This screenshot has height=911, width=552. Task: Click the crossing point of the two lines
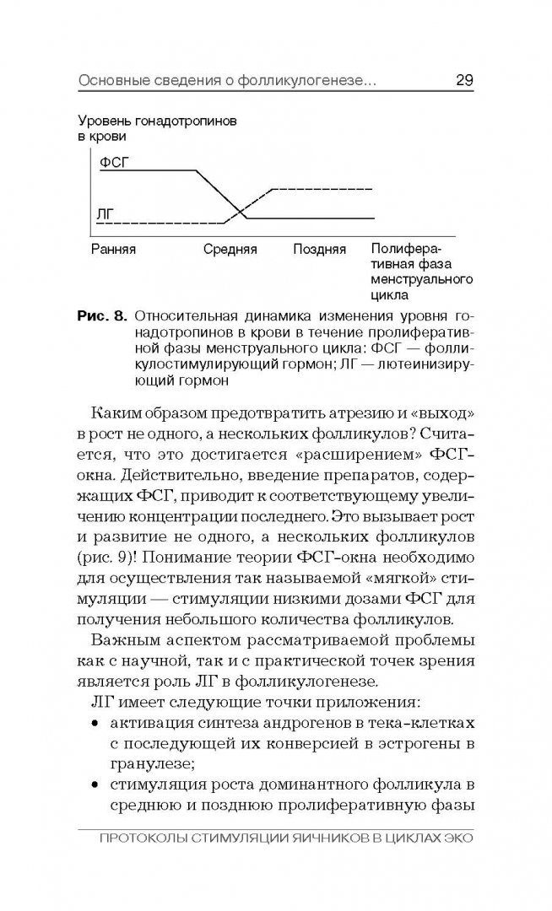[238, 210]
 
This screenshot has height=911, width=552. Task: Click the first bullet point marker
[93, 724]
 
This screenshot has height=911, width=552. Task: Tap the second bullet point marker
[93, 788]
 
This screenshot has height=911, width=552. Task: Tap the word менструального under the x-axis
[420, 280]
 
